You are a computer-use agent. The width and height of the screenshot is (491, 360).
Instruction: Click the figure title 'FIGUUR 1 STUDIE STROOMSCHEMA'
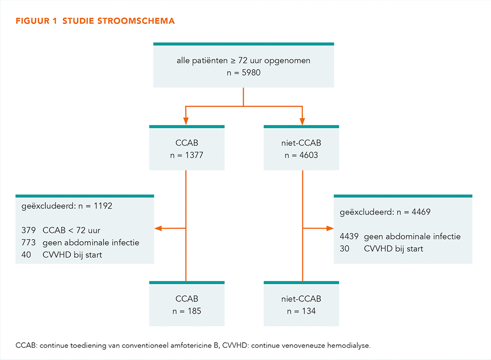[95, 21]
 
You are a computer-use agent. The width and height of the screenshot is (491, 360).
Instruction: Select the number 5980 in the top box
[251, 72]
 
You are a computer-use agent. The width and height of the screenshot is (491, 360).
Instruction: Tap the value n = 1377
[187, 155]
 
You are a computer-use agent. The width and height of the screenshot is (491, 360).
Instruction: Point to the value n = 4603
[301, 155]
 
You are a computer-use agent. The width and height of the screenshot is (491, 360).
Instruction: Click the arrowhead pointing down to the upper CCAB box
[186, 121]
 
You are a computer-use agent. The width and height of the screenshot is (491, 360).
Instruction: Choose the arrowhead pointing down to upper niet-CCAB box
[302, 121]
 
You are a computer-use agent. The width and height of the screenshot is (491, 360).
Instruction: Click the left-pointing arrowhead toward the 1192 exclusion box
[159, 228]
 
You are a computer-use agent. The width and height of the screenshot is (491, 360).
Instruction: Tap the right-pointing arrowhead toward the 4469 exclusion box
[330, 228]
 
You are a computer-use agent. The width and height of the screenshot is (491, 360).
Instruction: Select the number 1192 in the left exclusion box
[103, 205]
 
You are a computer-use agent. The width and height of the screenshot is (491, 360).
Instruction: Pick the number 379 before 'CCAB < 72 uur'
[29, 230]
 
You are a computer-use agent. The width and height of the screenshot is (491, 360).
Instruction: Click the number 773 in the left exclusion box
[29, 242]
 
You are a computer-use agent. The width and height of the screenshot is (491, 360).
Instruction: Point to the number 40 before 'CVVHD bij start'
[27, 254]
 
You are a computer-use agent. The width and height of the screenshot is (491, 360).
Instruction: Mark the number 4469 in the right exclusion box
[421, 212]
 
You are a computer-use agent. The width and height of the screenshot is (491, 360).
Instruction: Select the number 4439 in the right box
[349, 237]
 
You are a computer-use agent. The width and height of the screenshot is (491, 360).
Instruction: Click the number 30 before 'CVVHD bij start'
[345, 248]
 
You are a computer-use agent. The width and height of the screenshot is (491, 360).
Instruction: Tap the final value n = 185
[187, 311]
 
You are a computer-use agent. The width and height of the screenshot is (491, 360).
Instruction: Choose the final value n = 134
[301, 311]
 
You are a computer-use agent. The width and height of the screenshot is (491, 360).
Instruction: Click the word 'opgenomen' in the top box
[287, 61]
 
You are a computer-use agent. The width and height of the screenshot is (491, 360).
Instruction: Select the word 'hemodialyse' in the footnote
[349, 346]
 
